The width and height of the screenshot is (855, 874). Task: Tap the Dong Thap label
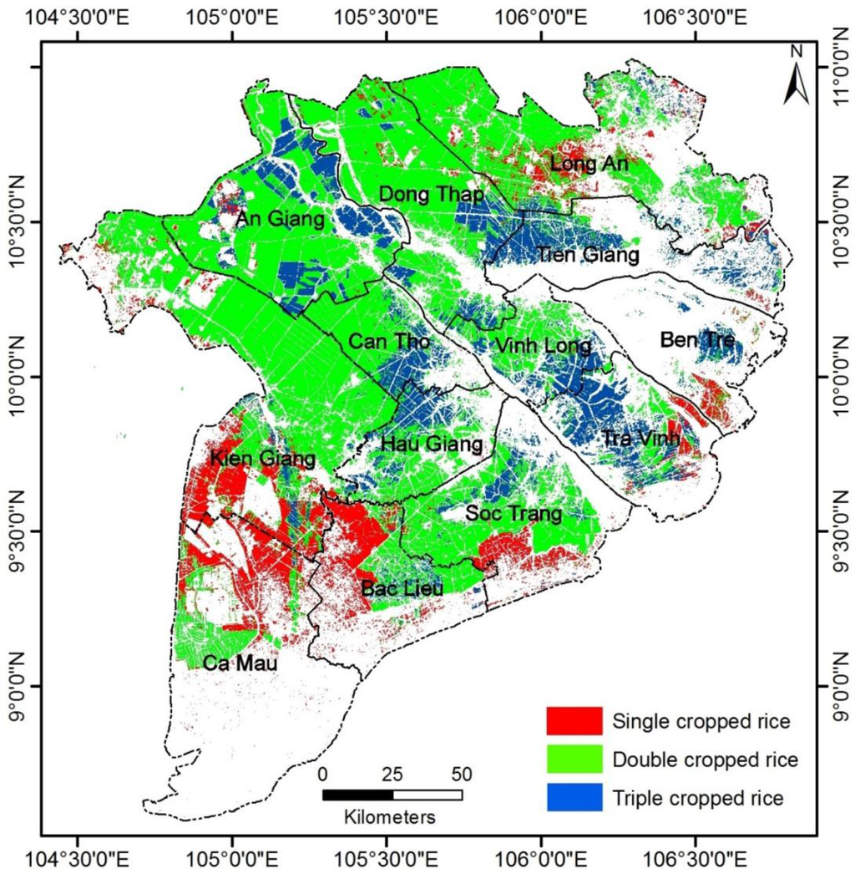431,194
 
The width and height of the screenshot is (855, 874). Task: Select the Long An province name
589,164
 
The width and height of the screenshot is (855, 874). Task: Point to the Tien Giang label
588,253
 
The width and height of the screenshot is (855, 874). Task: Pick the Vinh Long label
543,345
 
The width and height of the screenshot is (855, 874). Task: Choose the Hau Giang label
431,445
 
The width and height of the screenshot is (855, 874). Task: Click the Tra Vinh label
640,438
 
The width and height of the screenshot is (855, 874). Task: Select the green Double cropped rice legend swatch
574,760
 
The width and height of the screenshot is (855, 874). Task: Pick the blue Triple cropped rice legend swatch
574,798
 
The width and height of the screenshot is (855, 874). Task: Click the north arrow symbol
796,80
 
